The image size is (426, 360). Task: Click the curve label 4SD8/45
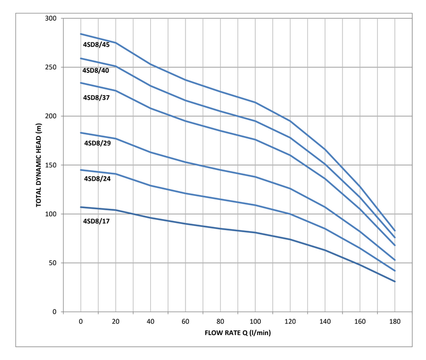point(96,44)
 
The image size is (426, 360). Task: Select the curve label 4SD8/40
point(96,70)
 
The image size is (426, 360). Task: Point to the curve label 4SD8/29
point(97,143)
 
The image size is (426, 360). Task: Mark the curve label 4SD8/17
point(96,221)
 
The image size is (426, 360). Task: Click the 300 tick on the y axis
point(50,18)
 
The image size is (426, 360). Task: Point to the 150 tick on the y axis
point(50,165)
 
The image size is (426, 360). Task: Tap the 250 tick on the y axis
point(50,67)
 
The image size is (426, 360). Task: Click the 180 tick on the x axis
point(395,322)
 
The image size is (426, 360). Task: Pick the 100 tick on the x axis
point(255,322)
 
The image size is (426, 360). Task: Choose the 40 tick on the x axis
point(151,322)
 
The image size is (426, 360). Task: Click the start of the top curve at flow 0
point(81,34)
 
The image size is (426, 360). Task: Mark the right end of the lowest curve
point(395,282)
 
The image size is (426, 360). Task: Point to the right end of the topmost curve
point(395,231)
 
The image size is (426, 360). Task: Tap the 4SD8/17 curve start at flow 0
point(81,207)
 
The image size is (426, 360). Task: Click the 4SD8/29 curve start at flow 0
point(81,133)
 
